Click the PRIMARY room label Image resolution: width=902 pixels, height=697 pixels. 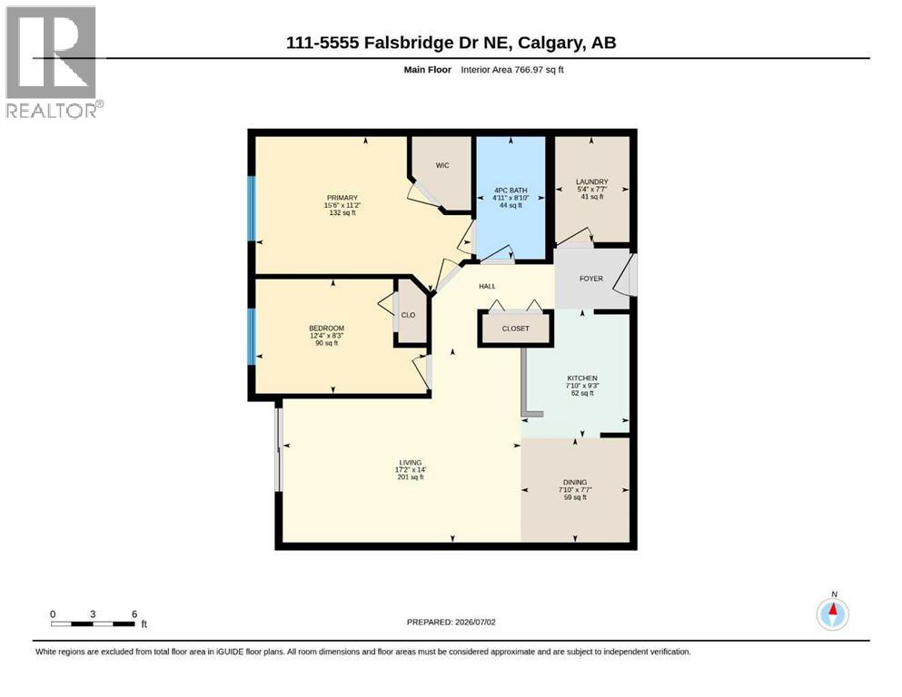click(x=342, y=198)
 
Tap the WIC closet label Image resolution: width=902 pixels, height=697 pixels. click(x=442, y=165)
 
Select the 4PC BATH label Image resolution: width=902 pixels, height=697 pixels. click(x=510, y=191)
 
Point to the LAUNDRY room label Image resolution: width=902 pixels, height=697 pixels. click(x=592, y=182)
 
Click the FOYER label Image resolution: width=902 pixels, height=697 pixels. click(x=591, y=279)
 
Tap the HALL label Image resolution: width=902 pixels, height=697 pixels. click(x=487, y=286)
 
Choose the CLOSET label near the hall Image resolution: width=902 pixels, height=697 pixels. click(x=515, y=329)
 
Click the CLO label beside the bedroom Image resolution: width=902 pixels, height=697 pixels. click(x=409, y=315)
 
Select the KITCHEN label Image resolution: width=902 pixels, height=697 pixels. click(x=582, y=378)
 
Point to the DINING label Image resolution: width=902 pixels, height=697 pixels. click(x=575, y=483)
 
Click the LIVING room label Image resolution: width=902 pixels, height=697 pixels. click(x=411, y=463)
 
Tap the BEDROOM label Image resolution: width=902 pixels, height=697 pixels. click(x=327, y=329)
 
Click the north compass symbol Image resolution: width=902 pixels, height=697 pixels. click(x=832, y=614)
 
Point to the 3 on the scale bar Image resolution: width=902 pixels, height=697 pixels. click(x=93, y=614)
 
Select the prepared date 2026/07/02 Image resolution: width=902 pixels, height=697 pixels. click(x=475, y=622)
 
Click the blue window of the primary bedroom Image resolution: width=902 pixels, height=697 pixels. click(x=252, y=208)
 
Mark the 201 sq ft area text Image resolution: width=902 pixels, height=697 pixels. click(x=411, y=477)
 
